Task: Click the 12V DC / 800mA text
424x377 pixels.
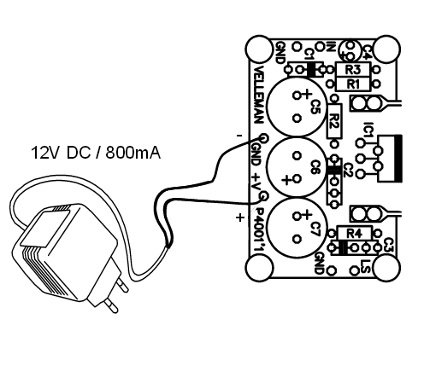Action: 96,153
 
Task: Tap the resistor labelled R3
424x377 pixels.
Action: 353,69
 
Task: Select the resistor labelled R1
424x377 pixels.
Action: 353,84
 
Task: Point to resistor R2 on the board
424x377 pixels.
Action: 334,121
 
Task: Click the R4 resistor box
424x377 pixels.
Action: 355,233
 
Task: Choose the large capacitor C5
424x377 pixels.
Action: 297,107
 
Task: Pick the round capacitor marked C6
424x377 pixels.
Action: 297,168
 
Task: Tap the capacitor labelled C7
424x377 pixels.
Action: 297,228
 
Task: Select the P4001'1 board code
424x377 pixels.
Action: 260,229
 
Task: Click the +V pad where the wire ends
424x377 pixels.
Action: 264,196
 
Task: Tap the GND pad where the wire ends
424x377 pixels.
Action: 263,138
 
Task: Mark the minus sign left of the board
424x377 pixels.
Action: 239,136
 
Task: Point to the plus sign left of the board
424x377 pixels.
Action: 240,217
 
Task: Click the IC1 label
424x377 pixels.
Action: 368,130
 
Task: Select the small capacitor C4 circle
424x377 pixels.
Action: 349,50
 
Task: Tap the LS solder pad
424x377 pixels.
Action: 354,270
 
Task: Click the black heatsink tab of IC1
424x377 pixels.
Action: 398,159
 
